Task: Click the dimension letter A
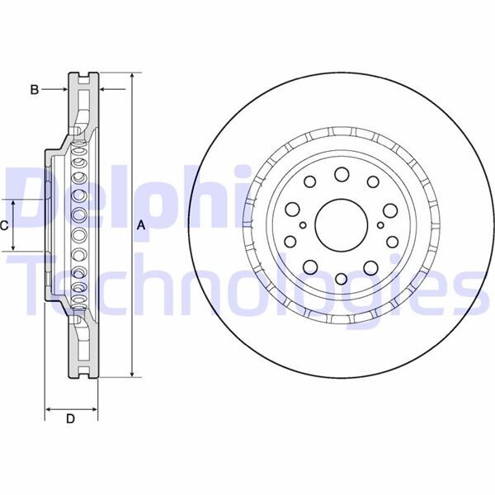point(141,224)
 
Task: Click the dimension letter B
point(35,89)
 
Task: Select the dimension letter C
point(5,224)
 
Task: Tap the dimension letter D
point(70,419)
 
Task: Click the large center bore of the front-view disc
point(341,224)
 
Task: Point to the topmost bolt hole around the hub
point(341,173)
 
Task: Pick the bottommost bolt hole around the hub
point(341,276)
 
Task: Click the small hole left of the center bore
point(304,224)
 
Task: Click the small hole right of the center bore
point(379,224)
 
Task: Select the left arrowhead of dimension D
point(47,408)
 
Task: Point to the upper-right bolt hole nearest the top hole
point(373,182)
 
